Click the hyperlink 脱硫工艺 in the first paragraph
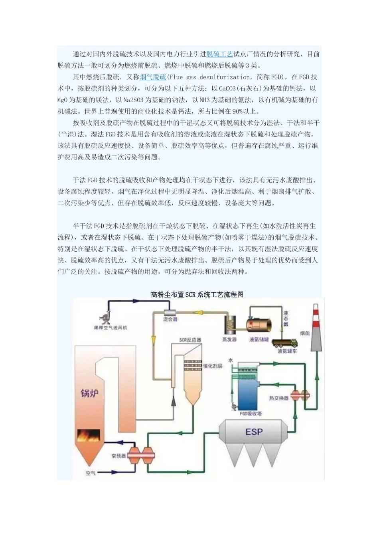pos(219,54)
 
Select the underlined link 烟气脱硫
pos(153,77)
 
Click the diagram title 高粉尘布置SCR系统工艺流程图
pos(197,295)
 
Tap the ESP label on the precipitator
pos(254,432)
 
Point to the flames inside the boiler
pos(89,436)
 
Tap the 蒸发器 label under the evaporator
pos(229,339)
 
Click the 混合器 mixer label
pos(170,319)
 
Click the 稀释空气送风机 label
pos(110,327)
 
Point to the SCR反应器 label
pos(190,340)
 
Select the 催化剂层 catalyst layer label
pos(213,366)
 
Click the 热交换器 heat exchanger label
pos(278,398)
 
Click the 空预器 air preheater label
pos(118,455)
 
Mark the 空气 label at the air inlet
pos(91,473)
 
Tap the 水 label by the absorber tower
pos(230,360)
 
